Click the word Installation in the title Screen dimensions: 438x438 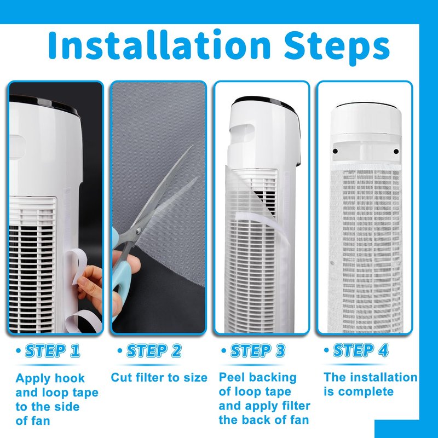pos(159,45)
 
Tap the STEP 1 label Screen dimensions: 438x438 pos(53,351)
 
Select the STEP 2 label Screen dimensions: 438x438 pos(154,351)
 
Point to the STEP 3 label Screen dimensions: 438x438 pos(257,351)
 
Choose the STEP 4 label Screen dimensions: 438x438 pos(361,350)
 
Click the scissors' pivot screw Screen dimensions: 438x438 pos(139,230)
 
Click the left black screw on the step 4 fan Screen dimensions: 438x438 pos(335,152)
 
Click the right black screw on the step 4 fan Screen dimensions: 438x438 pos(396,152)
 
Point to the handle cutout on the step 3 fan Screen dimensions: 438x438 pos(242,133)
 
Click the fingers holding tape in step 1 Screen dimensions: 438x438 pos(90,282)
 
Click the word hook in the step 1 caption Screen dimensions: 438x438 pos(70,378)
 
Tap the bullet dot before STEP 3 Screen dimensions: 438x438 pos(223,350)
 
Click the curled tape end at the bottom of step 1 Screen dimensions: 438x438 pos(84,321)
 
